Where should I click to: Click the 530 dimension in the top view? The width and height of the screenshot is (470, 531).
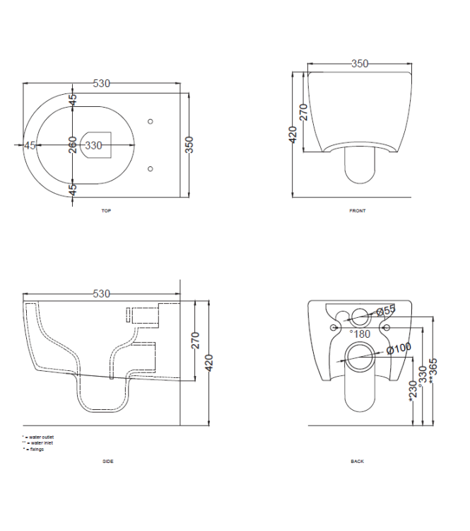(x=102, y=84)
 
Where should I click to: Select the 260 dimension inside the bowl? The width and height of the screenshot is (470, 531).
(x=73, y=145)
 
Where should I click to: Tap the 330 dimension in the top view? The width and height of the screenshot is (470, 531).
(x=94, y=145)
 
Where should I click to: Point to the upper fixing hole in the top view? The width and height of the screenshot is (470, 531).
(x=150, y=121)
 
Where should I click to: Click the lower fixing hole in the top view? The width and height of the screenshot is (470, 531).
(x=150, y=169)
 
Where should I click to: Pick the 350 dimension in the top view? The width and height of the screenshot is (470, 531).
(x=189, y=144)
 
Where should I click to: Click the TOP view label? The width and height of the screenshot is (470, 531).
(x=106, y=210)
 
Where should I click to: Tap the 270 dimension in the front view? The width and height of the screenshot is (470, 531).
(x=303, y=112)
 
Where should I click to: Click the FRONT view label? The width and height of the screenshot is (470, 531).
(x=358, y=210)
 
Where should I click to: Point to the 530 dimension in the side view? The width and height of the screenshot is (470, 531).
(x=102, y=293)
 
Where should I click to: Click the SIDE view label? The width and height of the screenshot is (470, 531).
(x=107, y=461)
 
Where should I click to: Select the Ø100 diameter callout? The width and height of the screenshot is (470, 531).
(x=399, y=346)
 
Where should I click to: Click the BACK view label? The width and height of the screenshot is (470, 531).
(x=358, y=461)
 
